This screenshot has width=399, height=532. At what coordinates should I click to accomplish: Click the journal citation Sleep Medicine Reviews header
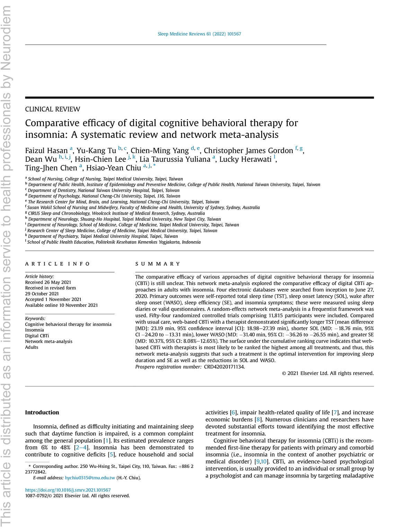point(199,34)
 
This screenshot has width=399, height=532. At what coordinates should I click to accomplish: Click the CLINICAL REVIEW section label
point(53,109)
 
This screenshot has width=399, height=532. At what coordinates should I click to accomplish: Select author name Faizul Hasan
point(46,151)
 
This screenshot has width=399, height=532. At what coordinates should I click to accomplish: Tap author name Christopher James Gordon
point(248,151)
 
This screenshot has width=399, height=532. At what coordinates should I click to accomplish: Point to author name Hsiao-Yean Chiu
point(114,168)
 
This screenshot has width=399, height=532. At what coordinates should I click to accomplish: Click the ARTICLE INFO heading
point(57,264)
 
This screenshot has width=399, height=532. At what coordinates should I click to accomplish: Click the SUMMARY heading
point(158,264)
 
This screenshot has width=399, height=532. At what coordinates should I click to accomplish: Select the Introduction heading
point(42,413)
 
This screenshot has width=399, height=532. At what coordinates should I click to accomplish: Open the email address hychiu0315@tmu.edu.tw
point(90,478)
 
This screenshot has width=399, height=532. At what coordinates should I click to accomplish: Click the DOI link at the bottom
point(68,490)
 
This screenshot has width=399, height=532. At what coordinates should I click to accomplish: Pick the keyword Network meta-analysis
point(48,342)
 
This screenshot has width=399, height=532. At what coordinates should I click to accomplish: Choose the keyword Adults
point(32,347)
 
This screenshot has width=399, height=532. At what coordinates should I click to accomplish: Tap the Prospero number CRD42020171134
point(224,367)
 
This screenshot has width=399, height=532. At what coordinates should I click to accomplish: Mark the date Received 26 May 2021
point(48,282)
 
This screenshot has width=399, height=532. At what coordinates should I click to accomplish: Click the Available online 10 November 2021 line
point(61,305)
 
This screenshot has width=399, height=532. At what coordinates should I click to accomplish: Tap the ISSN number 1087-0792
point(37,496)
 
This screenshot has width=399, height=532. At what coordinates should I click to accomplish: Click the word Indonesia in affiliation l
point(191,242)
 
